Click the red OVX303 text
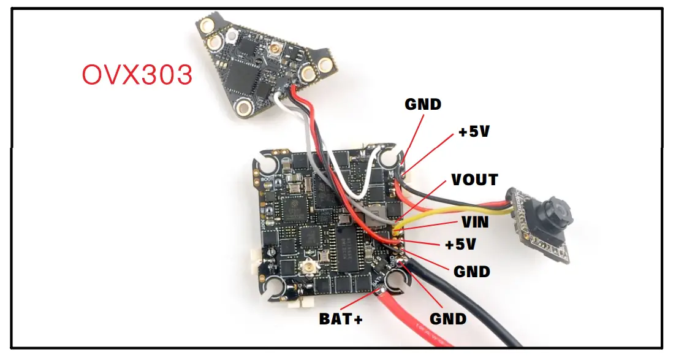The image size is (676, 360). click(137, 75)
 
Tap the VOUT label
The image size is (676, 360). click(474, 180)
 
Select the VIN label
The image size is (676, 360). click(474, 222)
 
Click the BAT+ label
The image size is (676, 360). click(340, 319)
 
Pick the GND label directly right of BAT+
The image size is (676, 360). click(448, 319)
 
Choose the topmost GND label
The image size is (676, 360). click(423, 104)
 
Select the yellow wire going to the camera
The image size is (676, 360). click(454, 215)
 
